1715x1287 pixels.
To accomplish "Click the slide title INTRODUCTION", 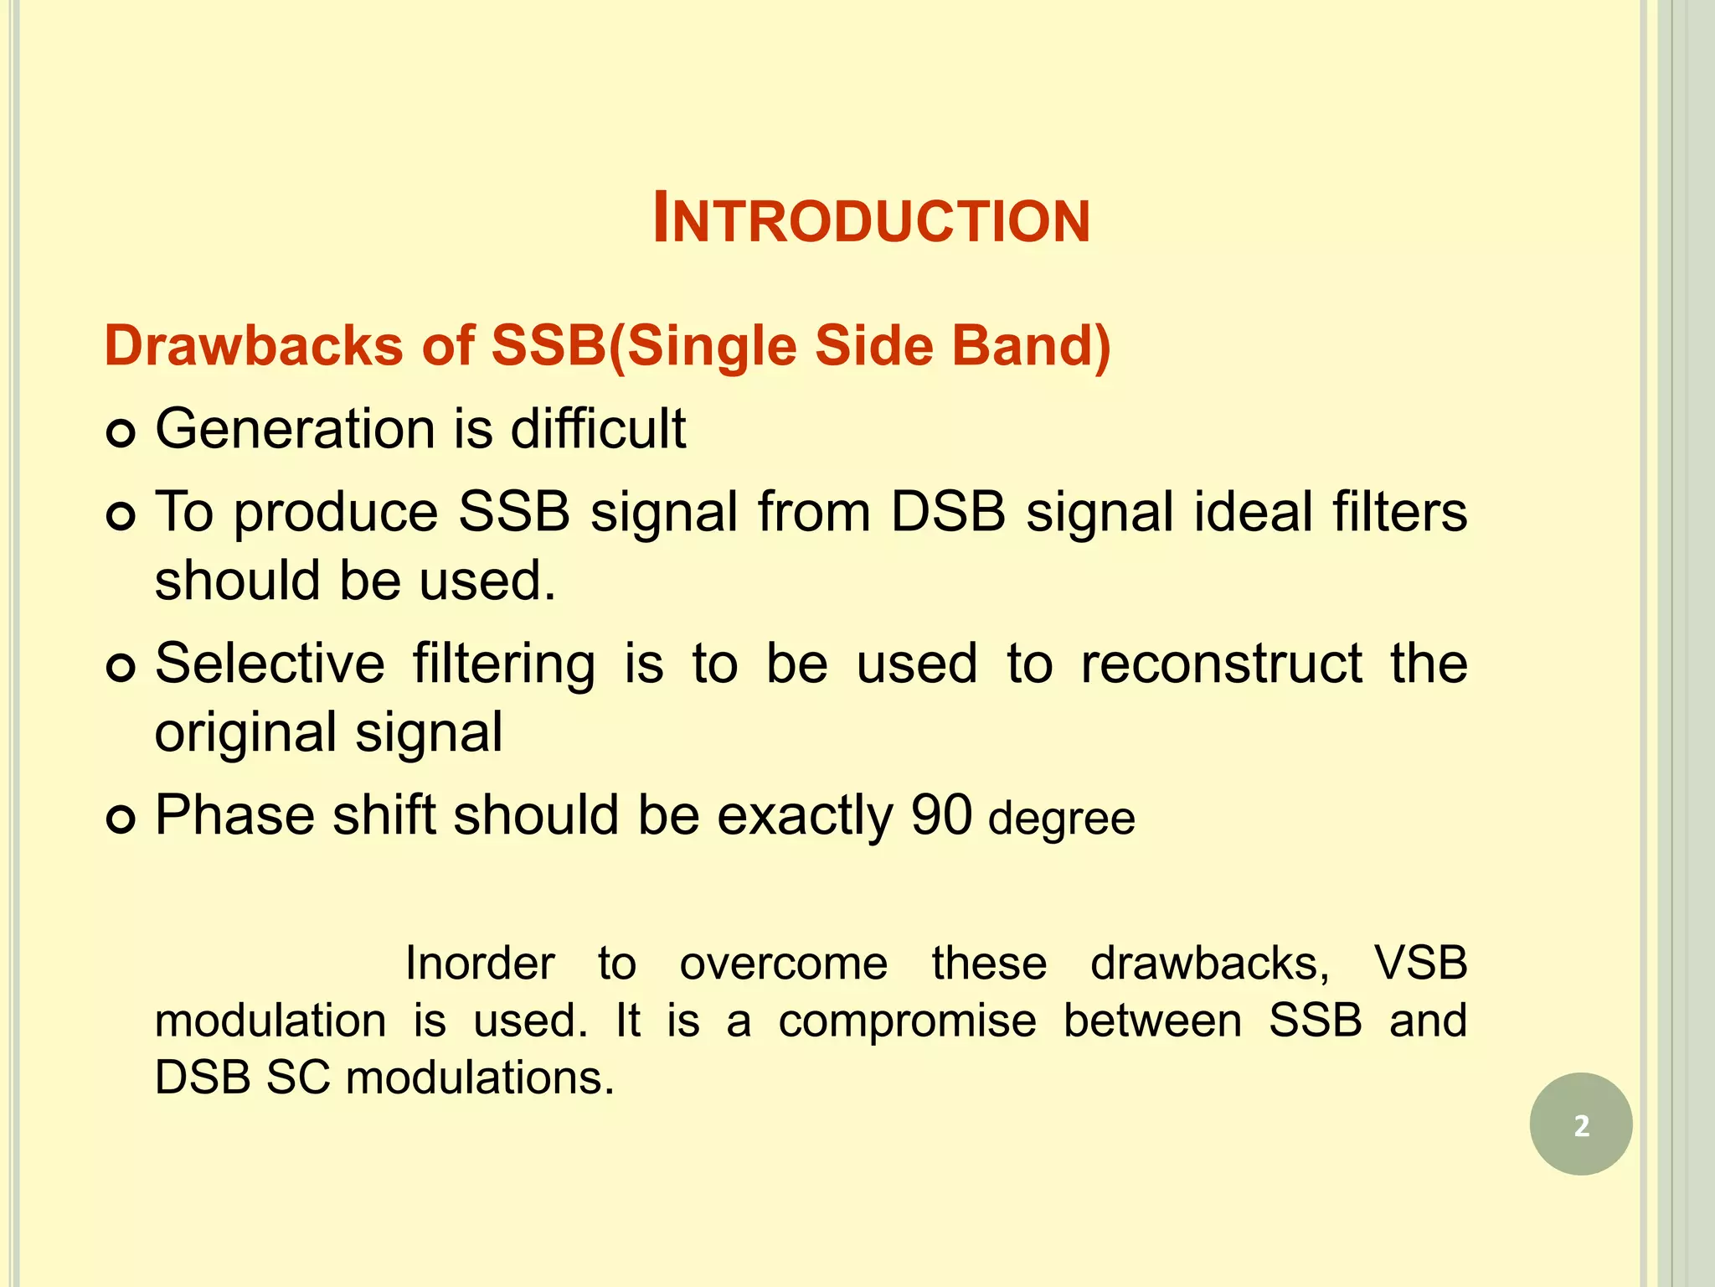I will (x=871, y=220).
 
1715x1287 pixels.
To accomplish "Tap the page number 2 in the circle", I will (x=1581, y=1124).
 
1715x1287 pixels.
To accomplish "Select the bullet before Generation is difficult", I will (x=121, y=433).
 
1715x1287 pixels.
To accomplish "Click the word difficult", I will (x=598, y=429).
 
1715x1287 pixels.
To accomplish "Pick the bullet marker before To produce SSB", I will (x=121, y=516).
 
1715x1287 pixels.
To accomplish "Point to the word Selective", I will (x=270, y=664).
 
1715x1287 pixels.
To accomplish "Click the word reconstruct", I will (x=1221, y=664).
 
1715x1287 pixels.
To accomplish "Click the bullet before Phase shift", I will (x=121, y=819).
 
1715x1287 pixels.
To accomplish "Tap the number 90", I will (x=941, y=815).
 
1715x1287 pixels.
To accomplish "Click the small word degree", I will (x=1061, y=819).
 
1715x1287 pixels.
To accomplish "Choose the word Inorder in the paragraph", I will (x=480, y=964).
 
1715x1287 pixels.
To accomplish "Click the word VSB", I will (x=1420, y=964).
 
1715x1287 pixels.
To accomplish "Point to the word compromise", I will (x=907, y=1021).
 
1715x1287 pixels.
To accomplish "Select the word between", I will (x=1152, y=1021).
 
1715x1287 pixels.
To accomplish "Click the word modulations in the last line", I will (x=479, y=1078).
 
